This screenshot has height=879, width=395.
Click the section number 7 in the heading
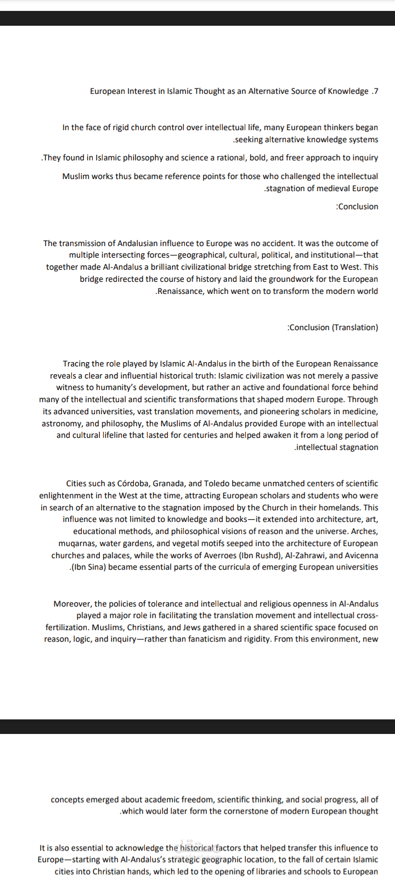click(376, 91)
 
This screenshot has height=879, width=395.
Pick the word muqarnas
click(77, 543)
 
